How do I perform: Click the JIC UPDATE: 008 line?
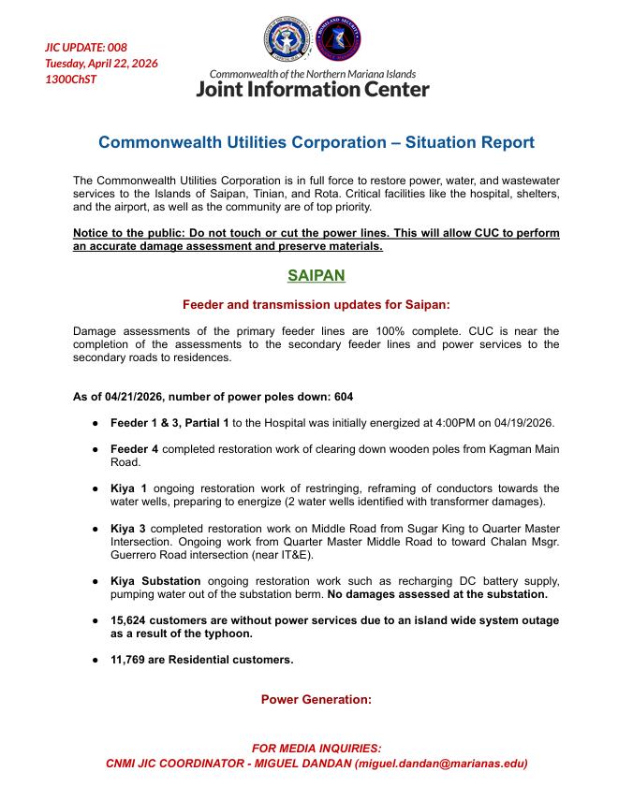pos(86,48)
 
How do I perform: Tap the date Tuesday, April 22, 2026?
pos(101,64)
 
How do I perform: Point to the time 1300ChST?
pos(71,80)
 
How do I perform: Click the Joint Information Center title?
pos(313,90)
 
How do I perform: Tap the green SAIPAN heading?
pos(316,276)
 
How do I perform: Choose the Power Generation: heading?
pos(316,699)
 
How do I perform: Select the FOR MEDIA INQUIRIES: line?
pos(316,748)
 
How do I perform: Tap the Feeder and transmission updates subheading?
pos(316,304)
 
